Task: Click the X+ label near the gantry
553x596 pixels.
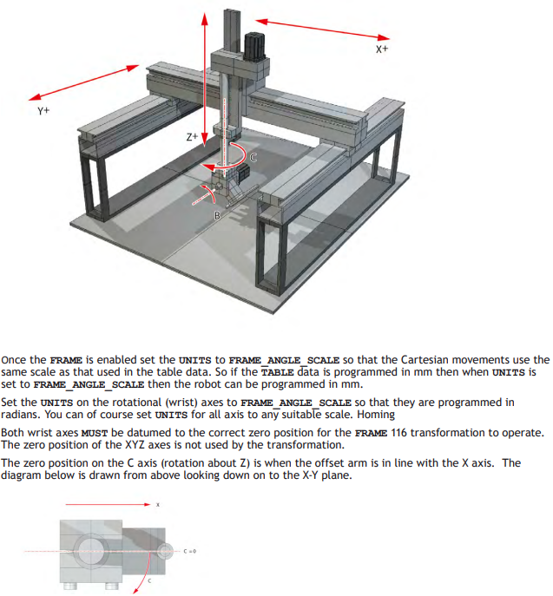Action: (x=382, y=49)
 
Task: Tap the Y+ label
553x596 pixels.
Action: (x=43, y=111)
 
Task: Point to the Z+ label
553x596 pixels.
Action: (x=192, y=137)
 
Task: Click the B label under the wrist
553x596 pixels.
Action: (x=217, y=215)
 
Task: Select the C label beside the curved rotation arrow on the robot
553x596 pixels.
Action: (x=253, y=157)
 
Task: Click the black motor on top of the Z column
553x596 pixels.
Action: (x=254, y=46)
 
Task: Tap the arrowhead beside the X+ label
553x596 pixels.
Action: (x=384, y=37)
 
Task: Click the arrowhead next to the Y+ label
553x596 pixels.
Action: (x=35, y=96)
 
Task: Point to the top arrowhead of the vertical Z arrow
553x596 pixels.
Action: (x=205, y=19)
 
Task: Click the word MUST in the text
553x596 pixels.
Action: (x=95, y=433)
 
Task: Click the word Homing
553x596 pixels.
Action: (x=376, y=415)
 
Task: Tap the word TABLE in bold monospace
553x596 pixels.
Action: (x=277, y=372)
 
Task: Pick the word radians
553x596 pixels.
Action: (x=18, y=415)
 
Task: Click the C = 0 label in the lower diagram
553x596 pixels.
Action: (x=190, y=551)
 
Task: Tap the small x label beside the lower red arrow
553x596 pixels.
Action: (x=158, y=505)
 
